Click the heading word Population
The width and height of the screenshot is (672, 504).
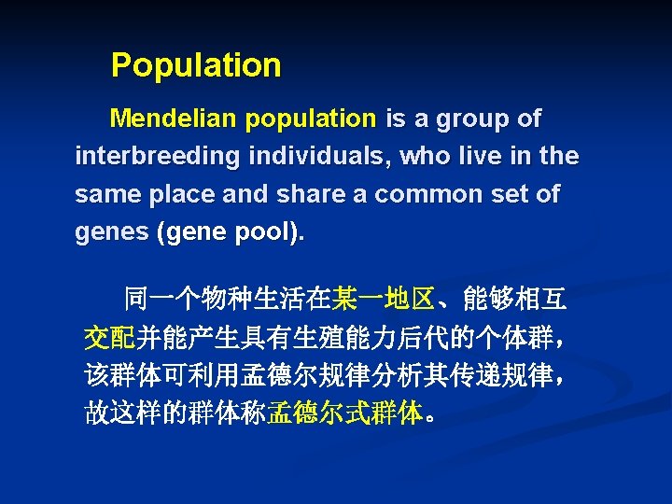click(195, 65)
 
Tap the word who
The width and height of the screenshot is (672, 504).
click(425, 157)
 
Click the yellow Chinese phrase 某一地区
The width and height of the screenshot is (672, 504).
click(383, 300)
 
